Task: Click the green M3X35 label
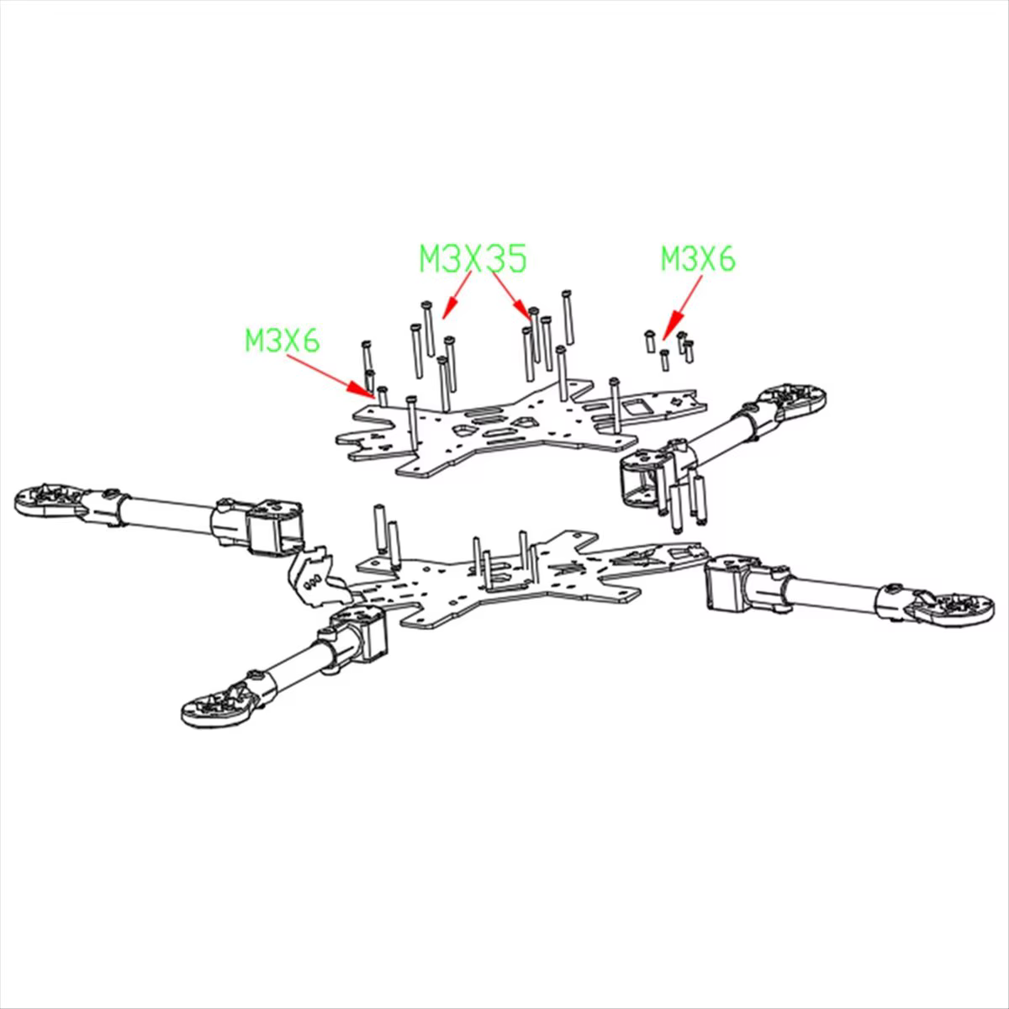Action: (473, 259)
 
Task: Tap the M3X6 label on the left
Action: (283, 340)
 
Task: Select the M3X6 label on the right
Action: (698, 259)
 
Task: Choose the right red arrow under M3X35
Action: (510, 294)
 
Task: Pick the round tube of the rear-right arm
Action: (720, 431)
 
